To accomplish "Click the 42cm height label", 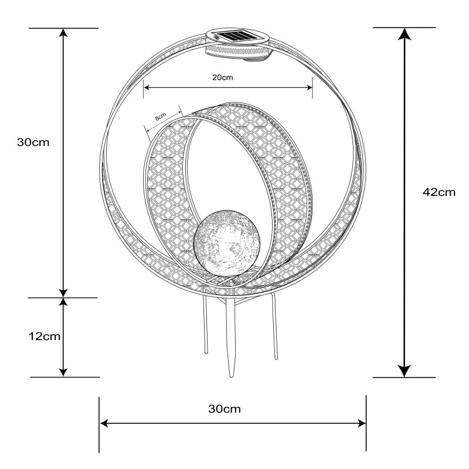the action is click(x=439, y=192).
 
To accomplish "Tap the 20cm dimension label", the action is click(x=223, y=77).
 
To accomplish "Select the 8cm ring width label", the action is click(x=161, y=116).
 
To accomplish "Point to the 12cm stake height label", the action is click(x=45, y=337).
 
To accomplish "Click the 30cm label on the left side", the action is click(x=33, y=142).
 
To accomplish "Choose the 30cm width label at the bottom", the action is click(x=225, y=409).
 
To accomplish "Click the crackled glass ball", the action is click(x=227, y=243).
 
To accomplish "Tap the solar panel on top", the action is click(x=238, y=36).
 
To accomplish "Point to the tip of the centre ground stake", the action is click(x=231, y=376).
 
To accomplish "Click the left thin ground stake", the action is click(x=205, y=325).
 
